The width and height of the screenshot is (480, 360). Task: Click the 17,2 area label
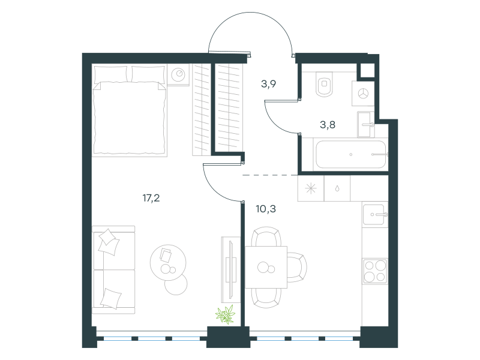tap(151, 198)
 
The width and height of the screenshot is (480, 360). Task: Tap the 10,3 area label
tap(266, 209)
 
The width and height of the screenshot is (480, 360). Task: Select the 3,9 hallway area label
tap(268, 83)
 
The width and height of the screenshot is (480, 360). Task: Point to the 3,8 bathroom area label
tap(328, 125)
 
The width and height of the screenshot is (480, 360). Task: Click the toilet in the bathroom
tap(325, 84)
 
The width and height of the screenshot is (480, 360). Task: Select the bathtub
tap(351, 154)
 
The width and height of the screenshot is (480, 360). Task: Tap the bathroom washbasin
tap(366, 124)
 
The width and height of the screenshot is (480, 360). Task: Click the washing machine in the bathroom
tap(363, 94)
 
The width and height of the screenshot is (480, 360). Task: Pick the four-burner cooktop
tap(375, 271)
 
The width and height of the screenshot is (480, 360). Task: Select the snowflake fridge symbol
tap(311, 188)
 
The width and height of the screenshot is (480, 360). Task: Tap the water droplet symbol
tap(337, 188)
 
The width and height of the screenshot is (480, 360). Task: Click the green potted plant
tap(226, 314)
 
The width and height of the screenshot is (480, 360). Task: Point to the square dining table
tap(266, 267)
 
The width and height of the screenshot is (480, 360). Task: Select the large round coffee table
tap(168, 262)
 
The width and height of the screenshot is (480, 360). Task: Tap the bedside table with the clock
tap(178, 74)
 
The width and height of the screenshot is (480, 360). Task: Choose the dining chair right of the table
tap(297, 267)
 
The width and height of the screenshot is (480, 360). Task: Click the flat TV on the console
tap(231, 269)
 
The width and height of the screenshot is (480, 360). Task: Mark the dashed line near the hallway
tap(269, 175)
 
